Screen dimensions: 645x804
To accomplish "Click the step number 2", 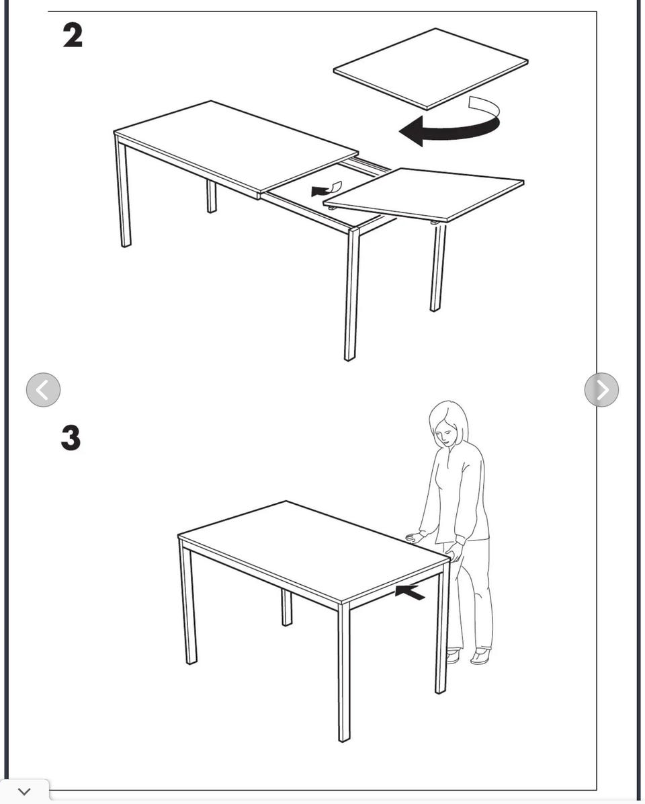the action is tap(73, 36).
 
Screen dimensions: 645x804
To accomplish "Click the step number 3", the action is tap(71, 438).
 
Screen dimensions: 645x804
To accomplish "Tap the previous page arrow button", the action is tap(43, 390).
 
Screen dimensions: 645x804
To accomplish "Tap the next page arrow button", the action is tap(601, 390).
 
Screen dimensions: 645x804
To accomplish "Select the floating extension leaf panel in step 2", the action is tap(431, 68).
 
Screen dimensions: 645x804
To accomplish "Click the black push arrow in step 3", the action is tap(409, 592).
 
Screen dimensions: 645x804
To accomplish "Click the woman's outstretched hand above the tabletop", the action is tap(414, 537).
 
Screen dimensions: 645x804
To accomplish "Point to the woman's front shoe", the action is tap(480, 656).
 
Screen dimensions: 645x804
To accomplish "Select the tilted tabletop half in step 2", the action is tap(423, 194).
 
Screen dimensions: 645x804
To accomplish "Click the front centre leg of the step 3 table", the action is tap(344, 672).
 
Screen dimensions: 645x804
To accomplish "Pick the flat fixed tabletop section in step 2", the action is tap(236, 149).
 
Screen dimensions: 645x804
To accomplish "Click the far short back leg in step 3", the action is tap(286, 607).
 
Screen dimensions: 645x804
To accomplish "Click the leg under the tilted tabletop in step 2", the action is tap(437, 267).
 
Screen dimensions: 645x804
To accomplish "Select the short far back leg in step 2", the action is tap(212, 196).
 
